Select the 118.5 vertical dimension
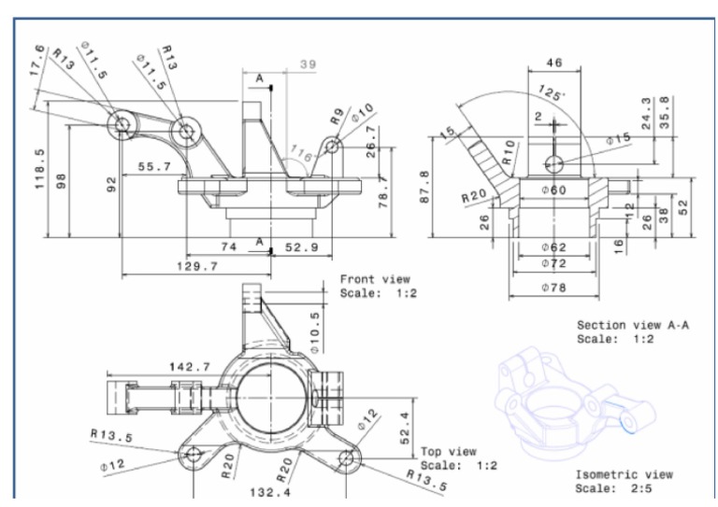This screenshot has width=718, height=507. tap(40, 169)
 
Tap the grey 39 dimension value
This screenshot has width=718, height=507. tap(308, 64)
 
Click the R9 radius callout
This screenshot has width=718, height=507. tap(337, 118)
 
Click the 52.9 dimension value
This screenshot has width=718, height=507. tap(301, 246)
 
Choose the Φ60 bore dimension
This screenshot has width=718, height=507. tap(553, 190)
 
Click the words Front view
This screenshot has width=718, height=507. tap(374, 278)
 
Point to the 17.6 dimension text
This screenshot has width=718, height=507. tap(37, 62)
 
